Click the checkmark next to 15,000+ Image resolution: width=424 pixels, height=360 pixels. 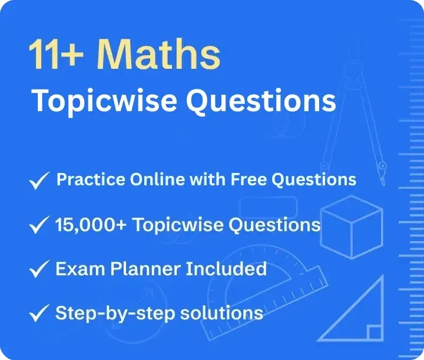pyautogui.click(x=39, y=225)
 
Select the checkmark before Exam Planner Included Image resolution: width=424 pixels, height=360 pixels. pyautogui.click(x=39, y=269)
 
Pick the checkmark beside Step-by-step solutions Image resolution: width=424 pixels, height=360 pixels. pyautogui.click(x=39, y=313)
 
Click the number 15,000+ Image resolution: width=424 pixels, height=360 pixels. pyautogui.click(x=91, y=225)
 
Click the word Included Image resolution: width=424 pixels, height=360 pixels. pyautogui.click(x=226, y=269)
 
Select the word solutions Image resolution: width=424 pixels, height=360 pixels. pyautogui.click(x=222, y=313)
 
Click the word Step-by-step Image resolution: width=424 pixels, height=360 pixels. pyautogui.click(x=115, y=314)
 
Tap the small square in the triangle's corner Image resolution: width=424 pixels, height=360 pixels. pyautogui.click(x=375, y=333)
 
